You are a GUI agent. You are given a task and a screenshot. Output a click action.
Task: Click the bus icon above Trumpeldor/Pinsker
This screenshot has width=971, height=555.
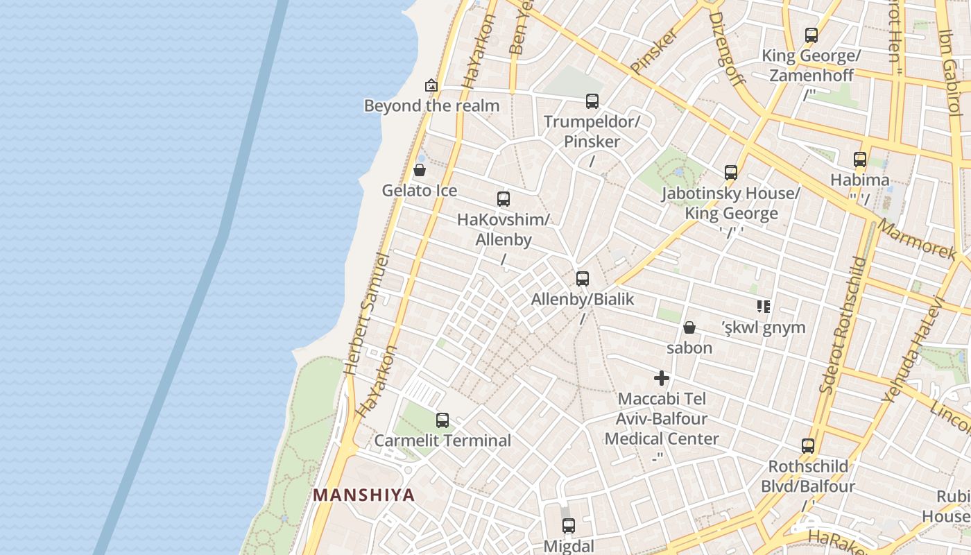592,101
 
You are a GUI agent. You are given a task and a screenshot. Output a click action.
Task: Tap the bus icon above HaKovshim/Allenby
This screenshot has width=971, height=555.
504,199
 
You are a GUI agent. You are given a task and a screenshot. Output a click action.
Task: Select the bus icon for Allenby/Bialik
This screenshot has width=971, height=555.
583,279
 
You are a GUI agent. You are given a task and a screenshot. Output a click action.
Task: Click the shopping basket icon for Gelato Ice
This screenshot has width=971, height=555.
419,170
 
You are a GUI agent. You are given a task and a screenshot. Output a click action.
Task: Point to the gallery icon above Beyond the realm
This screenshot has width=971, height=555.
431,85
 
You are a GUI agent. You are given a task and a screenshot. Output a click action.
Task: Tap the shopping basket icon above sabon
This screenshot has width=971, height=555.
689,327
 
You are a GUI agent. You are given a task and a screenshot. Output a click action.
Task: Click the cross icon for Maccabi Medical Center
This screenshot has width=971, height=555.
662,379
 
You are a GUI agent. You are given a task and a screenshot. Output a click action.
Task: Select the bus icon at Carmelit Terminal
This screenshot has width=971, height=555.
442,420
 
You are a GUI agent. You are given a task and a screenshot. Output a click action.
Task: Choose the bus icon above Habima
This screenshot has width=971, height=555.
860,160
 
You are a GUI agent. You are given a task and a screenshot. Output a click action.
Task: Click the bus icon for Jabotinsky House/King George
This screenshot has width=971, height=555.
730,173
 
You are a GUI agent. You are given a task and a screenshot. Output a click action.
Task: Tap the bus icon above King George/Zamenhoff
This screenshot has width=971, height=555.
811,35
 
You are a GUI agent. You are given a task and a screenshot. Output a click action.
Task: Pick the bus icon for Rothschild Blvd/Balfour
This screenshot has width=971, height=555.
807,446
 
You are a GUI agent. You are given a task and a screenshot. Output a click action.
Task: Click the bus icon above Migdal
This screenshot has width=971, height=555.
569,526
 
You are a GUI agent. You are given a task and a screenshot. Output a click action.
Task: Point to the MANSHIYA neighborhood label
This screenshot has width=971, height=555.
363,495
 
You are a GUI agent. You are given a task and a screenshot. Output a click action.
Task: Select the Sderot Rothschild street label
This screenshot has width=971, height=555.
841,326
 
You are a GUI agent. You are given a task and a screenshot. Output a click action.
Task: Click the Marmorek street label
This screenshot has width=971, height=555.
916,240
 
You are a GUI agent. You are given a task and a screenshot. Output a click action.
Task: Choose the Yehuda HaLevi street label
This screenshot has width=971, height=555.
913,350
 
